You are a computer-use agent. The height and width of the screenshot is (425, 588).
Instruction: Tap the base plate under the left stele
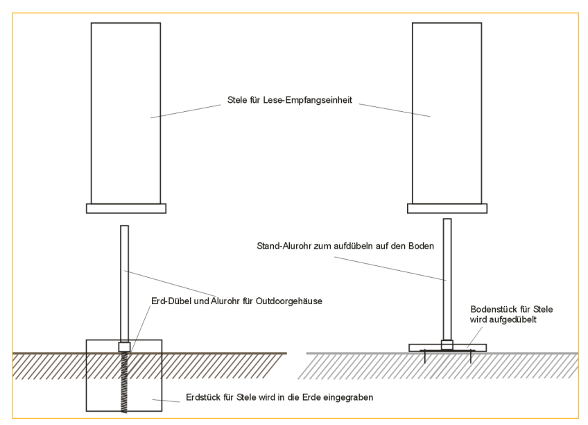click(126, 208)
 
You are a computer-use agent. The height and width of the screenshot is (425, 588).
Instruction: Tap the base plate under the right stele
click(447, 208)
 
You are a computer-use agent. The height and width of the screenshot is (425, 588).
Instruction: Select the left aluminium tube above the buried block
click(124, 278)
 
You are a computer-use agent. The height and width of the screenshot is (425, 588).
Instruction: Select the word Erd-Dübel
click(171, 301)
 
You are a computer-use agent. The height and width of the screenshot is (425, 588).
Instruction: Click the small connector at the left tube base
click(124, 346)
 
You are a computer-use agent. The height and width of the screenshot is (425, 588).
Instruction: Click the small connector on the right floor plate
click(447, 343)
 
